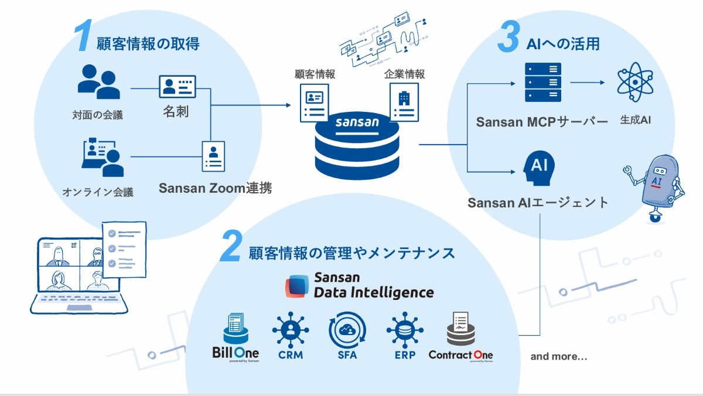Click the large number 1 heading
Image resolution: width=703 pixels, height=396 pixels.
click(83, 37)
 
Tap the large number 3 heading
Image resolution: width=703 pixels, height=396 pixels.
click(508, 37)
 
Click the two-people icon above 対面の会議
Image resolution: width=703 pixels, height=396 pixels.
click(98, 81)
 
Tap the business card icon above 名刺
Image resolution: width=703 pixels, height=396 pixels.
click(178, 88)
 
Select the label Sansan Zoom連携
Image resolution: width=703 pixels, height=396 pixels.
click(215, 189)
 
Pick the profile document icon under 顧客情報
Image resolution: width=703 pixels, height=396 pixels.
click(314, 103)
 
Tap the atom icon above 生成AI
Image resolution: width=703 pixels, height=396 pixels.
click(636, 83)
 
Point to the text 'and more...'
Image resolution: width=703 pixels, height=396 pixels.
click(558, 356)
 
